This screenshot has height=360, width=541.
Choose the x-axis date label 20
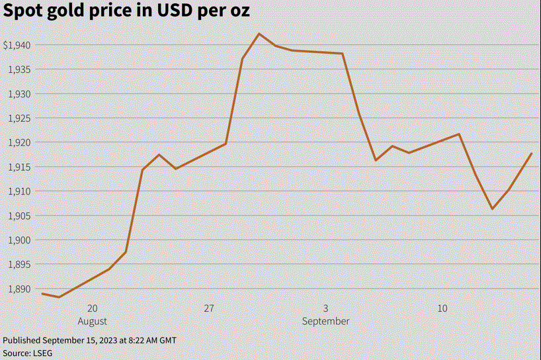pos(92,308)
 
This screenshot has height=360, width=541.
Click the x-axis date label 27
pos(209,308)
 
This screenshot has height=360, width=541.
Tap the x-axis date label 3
pos(326,308)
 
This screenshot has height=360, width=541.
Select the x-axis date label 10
pos(442,308)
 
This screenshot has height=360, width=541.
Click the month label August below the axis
pos(93,321)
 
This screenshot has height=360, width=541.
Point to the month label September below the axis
pos(326,321)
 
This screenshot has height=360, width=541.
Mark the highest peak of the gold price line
pos(259,34)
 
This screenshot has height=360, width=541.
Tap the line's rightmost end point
pos(531,154)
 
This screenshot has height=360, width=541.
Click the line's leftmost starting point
pos(42,294)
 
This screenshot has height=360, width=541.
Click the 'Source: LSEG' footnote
pos(27,353)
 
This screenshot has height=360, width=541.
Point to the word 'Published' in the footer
pos(22,340)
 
